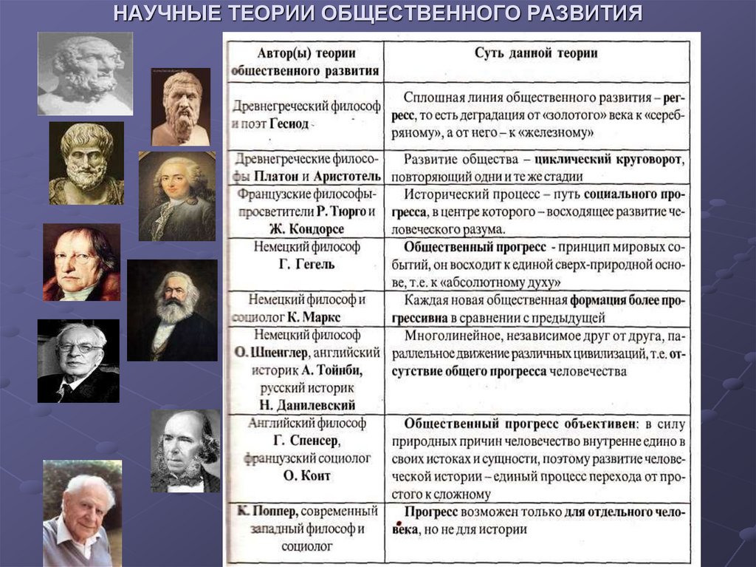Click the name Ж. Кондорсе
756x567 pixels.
pos(306,228)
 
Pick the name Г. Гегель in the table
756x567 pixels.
pos(306,264)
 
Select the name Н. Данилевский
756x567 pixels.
pos(306,405)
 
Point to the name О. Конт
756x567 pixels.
pos(307,475)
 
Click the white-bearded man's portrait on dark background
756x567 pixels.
pos(172,310)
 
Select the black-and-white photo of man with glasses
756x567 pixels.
pos(78,361)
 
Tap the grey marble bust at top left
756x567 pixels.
pos(85,73)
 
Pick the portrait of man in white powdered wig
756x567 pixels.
pos(176,196)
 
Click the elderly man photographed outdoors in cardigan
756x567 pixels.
pos(81,513)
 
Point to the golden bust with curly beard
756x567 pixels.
pos(86,163)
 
